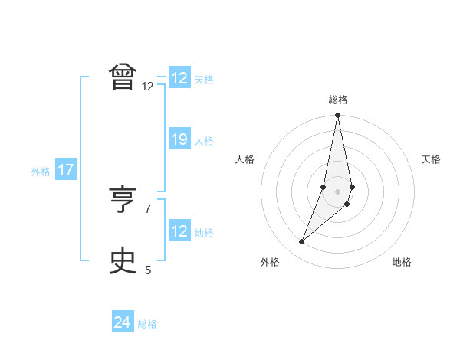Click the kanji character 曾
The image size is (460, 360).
coord(123,78)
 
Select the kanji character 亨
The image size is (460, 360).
coord(123,201)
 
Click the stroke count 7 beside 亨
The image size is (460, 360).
coord(148,208)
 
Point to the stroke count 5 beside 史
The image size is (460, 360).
coord(148,270)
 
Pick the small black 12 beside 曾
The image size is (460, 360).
coord(148,87)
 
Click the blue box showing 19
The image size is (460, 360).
coord(179,139)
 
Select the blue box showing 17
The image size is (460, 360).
coord(66,170)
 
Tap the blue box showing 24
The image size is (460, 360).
coord(122,322)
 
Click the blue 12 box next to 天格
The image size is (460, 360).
coord(179,78)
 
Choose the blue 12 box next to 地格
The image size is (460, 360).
coord(179,231)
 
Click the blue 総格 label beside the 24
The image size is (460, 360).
coord(147,324)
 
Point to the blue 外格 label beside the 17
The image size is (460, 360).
coord(41,172)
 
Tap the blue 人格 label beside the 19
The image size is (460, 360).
coord(204,141)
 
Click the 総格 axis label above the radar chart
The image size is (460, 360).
coord(337,100)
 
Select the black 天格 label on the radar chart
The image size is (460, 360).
coord(432,159)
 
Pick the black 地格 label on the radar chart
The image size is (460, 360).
coord(402,262)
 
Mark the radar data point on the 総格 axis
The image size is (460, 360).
coord(337,116)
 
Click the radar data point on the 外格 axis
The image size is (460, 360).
coord(302,242)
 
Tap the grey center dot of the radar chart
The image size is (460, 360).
coord(337,191)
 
